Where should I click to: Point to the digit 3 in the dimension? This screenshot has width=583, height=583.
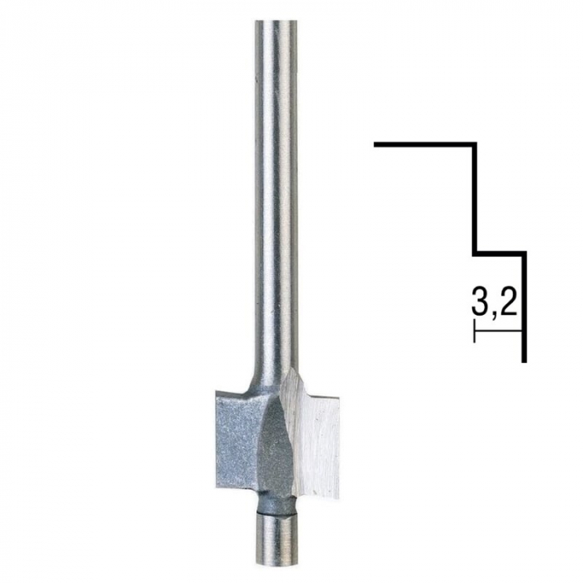pos(481,302)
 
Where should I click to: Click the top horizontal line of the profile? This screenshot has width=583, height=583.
pos(425,145)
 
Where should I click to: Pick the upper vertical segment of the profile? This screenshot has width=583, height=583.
pos(475,198)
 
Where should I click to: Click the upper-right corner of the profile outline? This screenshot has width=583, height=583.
pos(475,145)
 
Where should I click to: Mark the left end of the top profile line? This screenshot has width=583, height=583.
pos(376,145)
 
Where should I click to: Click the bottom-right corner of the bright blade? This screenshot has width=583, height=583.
pos(337,496)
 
